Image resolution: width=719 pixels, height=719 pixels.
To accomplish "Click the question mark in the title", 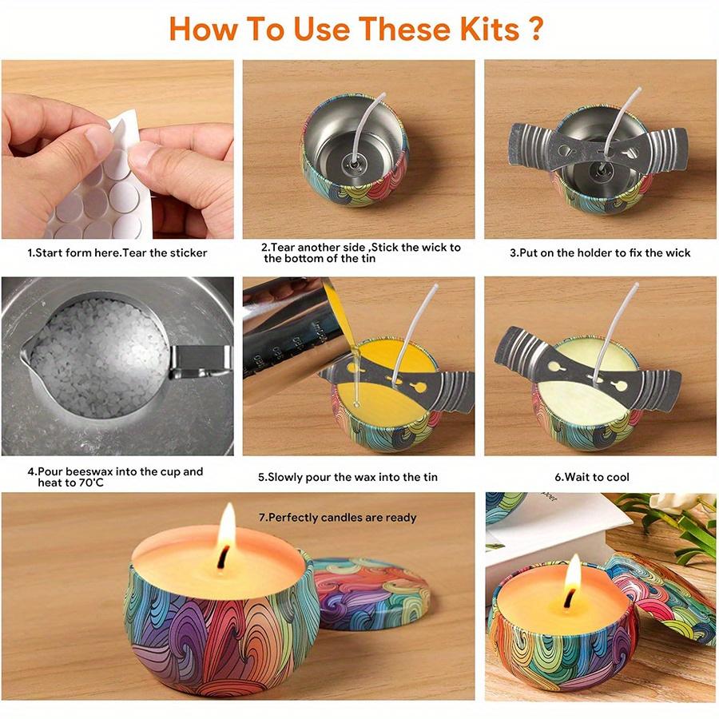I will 535,29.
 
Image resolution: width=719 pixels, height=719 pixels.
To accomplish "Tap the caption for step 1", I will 117,252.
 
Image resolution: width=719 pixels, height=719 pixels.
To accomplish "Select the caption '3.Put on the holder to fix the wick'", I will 600,252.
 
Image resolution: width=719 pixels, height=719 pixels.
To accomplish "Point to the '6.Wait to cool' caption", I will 592,477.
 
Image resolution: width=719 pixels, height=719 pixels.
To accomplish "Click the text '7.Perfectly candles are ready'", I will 337,518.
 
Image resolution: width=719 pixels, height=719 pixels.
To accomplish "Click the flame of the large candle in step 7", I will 227,529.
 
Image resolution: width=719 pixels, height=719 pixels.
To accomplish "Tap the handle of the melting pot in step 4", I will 200,361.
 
